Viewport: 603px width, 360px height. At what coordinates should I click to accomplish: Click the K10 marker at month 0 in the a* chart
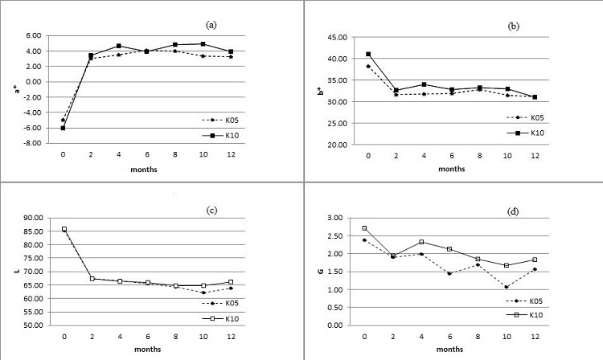tap(63, 128)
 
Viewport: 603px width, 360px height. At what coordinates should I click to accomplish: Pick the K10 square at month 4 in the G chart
tap(428, 242)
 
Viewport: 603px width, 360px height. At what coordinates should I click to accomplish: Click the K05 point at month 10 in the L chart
tap(203, 292)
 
